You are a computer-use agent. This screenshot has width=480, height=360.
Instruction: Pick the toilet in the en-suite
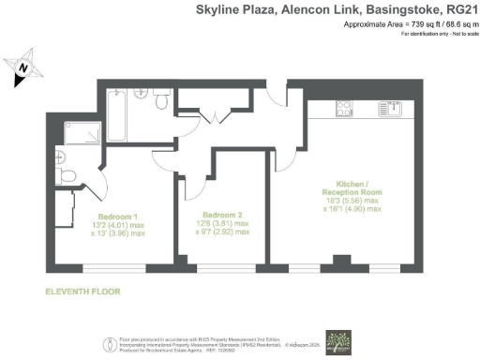coord(66,175)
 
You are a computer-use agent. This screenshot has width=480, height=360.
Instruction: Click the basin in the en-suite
coord(61,156)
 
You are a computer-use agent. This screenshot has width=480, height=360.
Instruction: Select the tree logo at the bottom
coord(337,340)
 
